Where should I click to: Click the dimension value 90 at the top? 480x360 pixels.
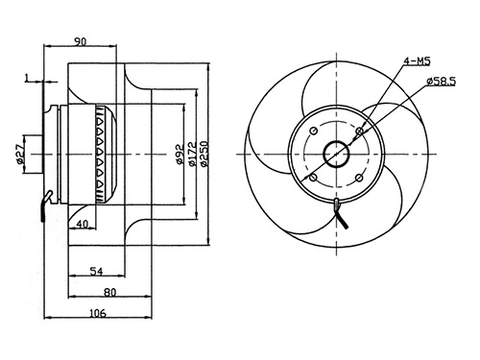pyautogui.click(x=81, y=41)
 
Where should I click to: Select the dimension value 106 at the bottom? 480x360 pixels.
pyautogui.click(x=98, y=313)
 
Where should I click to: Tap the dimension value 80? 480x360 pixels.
pyautogui.click(x=110, y=292)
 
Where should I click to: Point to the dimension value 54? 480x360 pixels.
pyautogui.click(x=96, y=272)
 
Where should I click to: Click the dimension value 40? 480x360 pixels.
pyautogui.click(x=83, y=225)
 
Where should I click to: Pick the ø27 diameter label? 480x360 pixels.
pyautogui.click(x=20, y=155)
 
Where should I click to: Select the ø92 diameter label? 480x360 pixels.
pyautogui.click(x=180, y=155)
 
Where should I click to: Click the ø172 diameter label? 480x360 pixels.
pyautogui.click(x=192, y=155)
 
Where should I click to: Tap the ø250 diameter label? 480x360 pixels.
pyautogui.click(x=204, y=154)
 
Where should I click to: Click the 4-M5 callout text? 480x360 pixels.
pyautogui.click(x=417, y=61)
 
